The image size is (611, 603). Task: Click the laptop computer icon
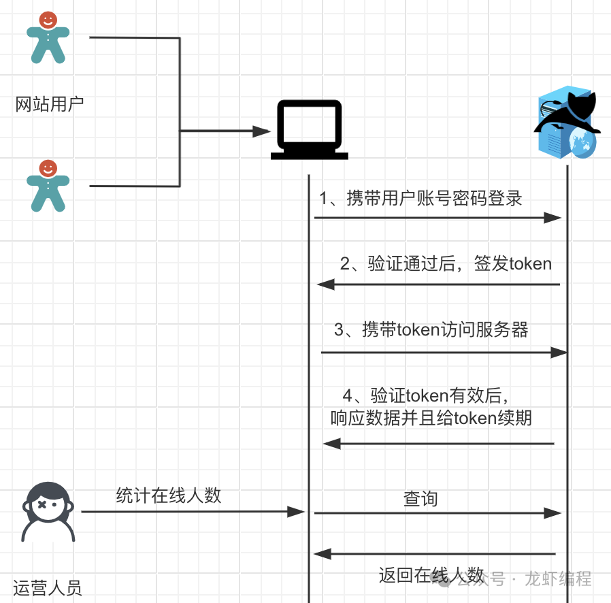[x=309, y=130]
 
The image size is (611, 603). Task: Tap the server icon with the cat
[x=567, y=122]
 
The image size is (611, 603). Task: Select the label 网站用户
[x=49, y=105]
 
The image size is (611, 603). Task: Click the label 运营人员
[x=47, y=587]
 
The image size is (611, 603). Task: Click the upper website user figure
[x=48, y=37]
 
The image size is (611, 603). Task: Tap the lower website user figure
[x=48, y=185]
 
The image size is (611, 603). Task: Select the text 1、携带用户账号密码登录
[x=420, y=198]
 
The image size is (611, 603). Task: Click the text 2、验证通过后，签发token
[x=446, y=263]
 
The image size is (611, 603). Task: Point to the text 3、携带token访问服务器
[x=431, y=330]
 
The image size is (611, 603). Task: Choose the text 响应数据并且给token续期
[x=431, y=418]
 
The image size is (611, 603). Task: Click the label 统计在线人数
[x=169, y=495]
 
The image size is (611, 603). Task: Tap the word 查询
[x=420, y=499]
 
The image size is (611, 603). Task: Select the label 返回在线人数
[x=431, y=575]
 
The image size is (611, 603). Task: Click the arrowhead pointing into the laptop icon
[x=263, y=131]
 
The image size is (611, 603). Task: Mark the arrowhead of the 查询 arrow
[x=553, y=512]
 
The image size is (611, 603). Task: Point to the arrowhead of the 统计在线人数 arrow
[x=297, y=512]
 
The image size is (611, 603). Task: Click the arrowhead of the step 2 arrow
[x=325, y=284]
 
